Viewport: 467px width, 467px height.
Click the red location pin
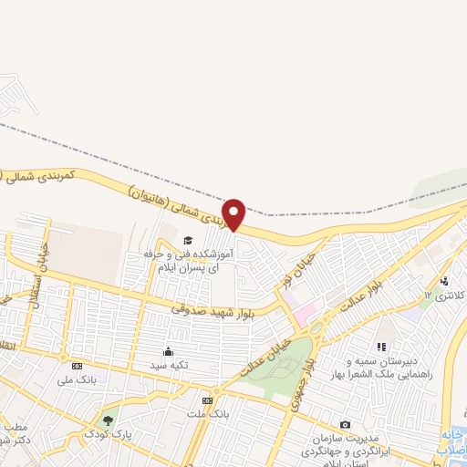pyautogui.click(x=234, y=214)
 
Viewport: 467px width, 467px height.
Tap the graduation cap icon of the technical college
pyautogui.click(x=175, y=240)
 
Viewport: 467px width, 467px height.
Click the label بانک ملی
pyautogui.click(x=76, y=378)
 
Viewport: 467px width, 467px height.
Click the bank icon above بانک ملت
pyautogui.click(x=207, y=400)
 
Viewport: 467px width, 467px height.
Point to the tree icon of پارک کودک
pyautogui.click(x=109, y=421)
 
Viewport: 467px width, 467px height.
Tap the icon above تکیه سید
pyautogui.click(x=167, y=350)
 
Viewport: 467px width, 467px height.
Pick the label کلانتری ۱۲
pyautogui.click(x=446, y=296)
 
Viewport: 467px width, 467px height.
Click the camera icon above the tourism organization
pyautogui.click(x=345, y=424)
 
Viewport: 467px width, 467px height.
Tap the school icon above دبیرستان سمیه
pyautogui.click(x=381, y=347)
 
